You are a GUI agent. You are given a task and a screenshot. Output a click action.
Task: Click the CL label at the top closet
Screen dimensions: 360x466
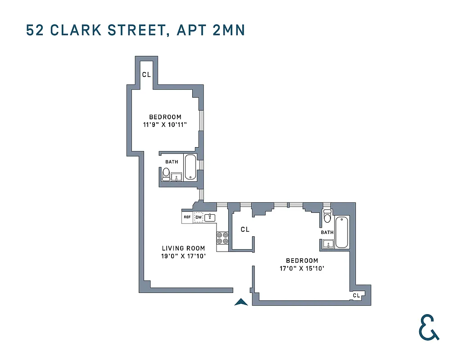point(146,75)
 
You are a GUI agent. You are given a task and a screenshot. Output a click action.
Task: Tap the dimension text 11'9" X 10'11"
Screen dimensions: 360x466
point(165,124)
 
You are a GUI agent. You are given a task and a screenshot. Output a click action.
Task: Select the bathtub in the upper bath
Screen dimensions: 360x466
point(191,167)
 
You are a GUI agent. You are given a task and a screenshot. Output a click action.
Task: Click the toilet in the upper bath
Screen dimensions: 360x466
point(166,173)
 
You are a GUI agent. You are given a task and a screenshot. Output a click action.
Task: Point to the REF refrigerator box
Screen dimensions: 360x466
point(187,217)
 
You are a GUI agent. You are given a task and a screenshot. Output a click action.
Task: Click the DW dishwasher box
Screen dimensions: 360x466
point(199,217)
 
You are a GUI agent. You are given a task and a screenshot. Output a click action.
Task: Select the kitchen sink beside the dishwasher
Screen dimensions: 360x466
point(210,218)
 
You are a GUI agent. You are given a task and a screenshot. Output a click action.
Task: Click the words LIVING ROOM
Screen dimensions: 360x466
point(183,248)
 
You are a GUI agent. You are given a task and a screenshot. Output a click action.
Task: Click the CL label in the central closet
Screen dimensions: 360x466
point(245,229)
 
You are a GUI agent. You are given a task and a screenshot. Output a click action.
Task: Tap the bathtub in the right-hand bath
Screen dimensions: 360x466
point(342,232)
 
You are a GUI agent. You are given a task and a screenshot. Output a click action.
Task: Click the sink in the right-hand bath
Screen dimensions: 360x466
point(328,244)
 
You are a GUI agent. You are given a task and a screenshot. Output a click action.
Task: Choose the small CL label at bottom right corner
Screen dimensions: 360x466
point(356,296)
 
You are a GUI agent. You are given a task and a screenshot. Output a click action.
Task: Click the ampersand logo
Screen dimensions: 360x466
point(429,327)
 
